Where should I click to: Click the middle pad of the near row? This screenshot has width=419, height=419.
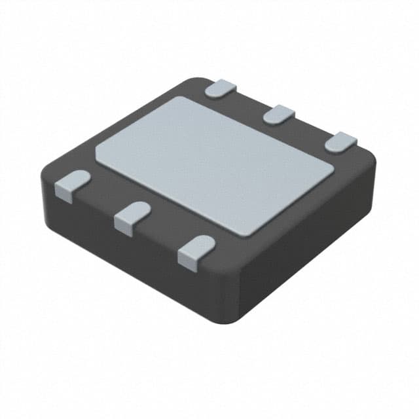[132, 216]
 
